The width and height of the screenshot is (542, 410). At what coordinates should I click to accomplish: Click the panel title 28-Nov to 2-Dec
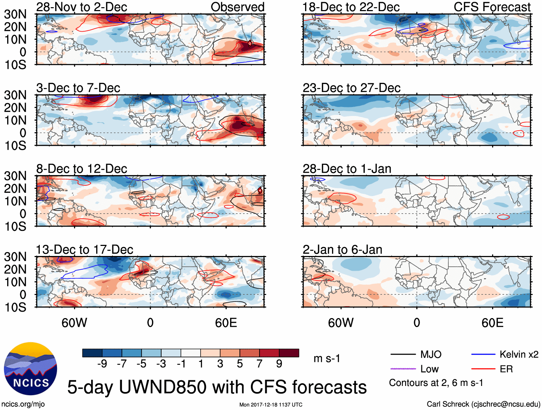[81, 7]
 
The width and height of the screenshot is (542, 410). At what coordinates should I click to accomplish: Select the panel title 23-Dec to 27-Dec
[351, 88]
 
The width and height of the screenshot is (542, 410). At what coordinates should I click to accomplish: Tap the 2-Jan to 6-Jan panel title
[342, 250]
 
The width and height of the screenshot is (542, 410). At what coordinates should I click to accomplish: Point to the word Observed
[238, 7]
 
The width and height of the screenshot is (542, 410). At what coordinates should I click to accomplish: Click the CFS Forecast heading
[492, 7]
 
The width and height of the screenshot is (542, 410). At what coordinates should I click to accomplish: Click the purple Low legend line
[403, 369]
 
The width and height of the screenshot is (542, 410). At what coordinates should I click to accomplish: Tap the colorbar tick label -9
[102, 364]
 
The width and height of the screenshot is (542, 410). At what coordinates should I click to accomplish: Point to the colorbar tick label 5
[240, 364]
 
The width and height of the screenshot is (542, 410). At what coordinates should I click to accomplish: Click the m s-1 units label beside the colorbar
[327, 359]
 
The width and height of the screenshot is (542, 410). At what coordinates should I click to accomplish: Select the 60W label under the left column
[74, 323]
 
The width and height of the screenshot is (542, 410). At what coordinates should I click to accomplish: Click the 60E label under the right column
[492, 323]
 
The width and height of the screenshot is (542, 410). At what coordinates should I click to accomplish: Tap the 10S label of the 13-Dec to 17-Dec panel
[15, 307]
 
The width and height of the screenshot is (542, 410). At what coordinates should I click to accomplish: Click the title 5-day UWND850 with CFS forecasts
[217, 387]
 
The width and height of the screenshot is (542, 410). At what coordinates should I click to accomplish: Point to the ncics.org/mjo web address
[23, 404]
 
